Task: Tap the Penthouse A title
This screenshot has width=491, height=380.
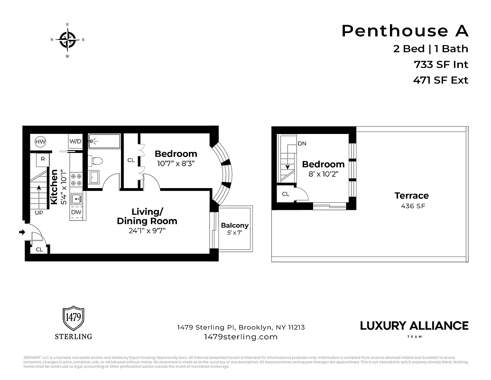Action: pos(405,31)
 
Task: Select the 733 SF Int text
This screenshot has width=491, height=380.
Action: pos(441,64)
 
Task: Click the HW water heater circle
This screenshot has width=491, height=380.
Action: pos(40,141)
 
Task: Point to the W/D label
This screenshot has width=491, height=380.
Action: pos(75,141)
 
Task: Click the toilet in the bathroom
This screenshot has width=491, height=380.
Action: pos(94,161)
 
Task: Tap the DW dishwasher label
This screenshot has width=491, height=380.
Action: pos(76,212)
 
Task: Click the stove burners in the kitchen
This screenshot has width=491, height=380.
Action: pos(76,179)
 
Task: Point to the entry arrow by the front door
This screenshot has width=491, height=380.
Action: pos(21,232)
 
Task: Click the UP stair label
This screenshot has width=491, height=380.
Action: pos(39,212)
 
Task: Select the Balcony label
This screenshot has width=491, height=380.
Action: pos(235,226)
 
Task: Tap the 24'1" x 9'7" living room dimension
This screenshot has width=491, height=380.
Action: pos(147,231)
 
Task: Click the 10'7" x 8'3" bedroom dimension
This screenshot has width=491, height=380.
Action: pos(176,163)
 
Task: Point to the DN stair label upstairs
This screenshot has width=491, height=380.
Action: pos(302,143)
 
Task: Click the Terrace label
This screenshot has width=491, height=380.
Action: pos(411,196)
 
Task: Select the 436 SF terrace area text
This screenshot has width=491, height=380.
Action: pos(411,206)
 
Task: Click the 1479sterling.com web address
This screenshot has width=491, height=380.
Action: pos(241,337)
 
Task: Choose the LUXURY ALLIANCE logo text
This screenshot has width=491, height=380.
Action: pos(414,325)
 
